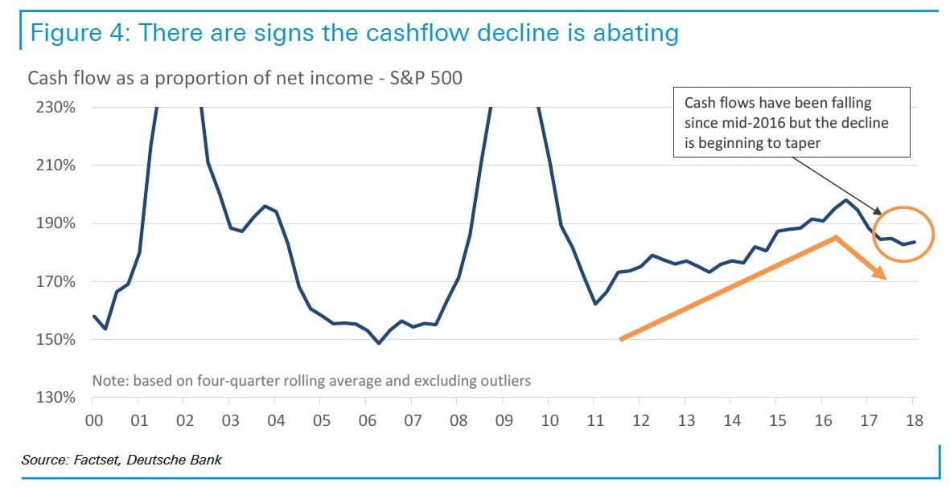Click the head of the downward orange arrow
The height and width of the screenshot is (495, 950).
point(882,276)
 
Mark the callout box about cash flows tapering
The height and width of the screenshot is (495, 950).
point(792,122)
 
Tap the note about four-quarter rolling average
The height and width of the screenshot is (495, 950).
point(311,380)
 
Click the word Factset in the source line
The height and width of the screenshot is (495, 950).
point(98,460)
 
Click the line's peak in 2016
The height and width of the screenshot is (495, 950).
point(846,200)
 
